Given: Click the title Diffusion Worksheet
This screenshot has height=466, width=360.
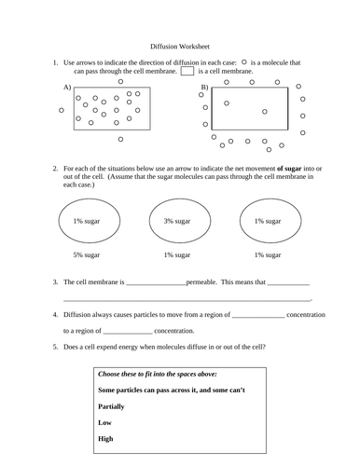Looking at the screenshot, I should (180, 44).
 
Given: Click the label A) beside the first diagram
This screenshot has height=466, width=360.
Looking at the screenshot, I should (66, 87).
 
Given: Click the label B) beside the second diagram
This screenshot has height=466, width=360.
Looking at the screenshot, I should (204, 87).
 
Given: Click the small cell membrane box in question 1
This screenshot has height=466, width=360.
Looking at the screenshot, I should (187, 71).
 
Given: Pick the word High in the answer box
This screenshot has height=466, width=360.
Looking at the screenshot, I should (105, 438).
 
